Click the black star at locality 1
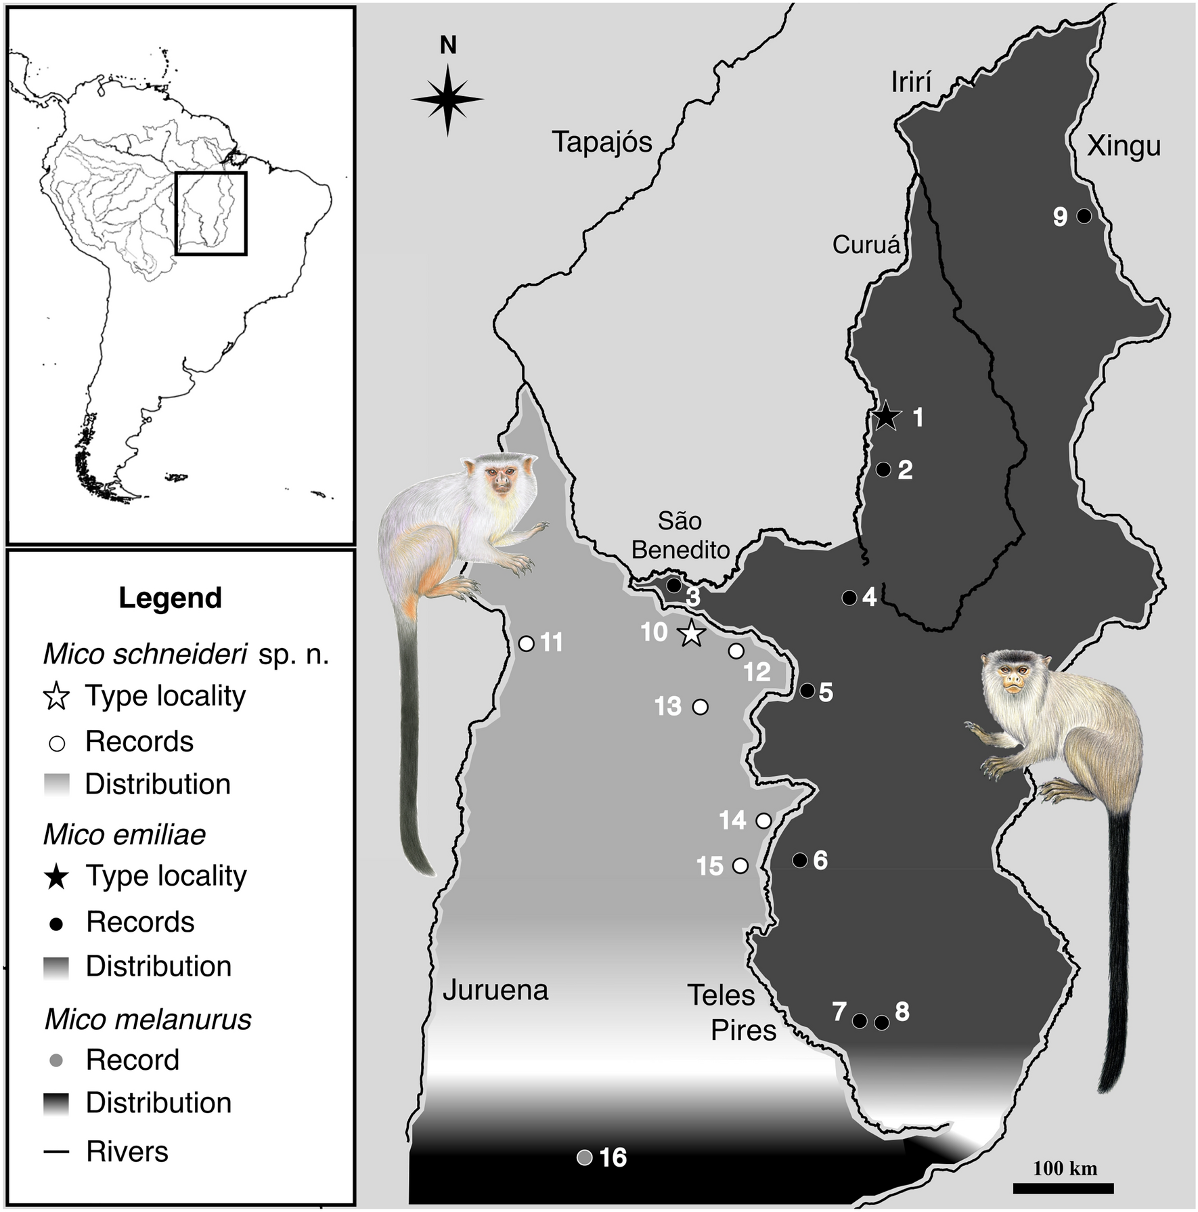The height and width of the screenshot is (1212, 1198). (886, 416)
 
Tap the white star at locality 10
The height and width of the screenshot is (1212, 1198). (690, 634)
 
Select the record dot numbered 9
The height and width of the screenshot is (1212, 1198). (1084, 216)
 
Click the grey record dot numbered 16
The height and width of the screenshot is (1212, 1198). (585, 1157)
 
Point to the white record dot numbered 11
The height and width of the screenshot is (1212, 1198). (526, 643)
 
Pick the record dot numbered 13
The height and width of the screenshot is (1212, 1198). (701, 707)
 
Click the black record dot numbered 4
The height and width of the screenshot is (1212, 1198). (849, 597)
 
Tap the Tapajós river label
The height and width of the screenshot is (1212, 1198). (602, 142)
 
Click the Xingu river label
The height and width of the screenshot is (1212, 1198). (1124, 146)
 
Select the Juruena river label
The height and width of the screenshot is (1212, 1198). (495, 990)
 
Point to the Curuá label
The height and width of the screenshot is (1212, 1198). (866, 244)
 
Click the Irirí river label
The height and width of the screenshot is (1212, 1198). (911, 83)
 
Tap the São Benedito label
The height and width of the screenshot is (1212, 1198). (680, 535)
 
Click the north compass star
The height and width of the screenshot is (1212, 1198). (447, 99)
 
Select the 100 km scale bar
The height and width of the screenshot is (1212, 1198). (1063, 1188)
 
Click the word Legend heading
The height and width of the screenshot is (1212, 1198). (170, 598)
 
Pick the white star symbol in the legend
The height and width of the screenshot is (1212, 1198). (57, 697)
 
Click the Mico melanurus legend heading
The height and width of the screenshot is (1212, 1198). (148, 1019)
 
